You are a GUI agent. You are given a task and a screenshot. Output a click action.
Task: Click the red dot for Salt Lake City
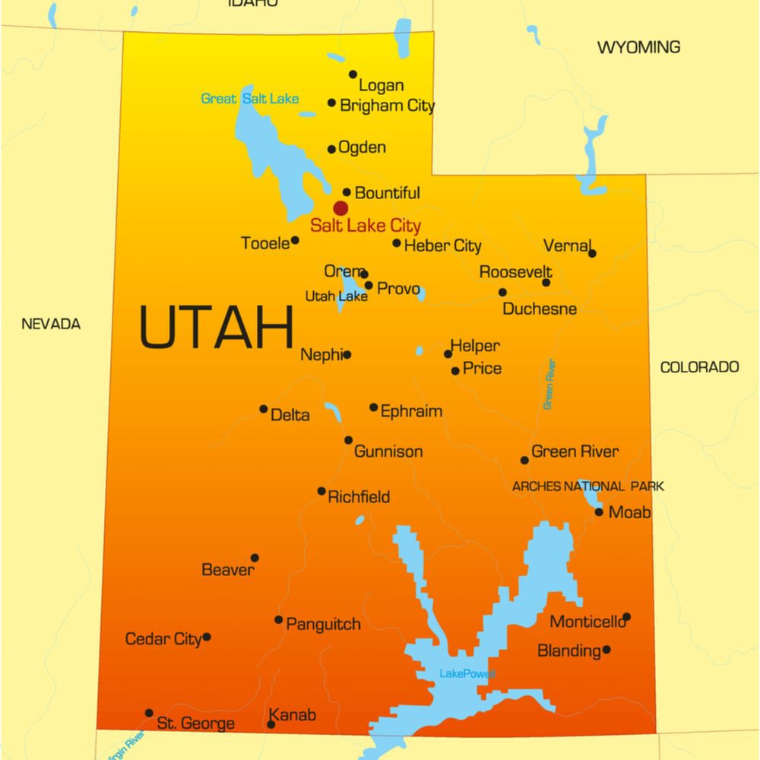click(x=340, y=208)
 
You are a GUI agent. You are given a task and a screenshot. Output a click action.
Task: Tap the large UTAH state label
click(x=217, y=327)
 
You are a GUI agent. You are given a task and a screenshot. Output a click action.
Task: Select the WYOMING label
click(x=638, y=48)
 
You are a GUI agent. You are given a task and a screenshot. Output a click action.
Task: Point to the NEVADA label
click(x=51, y=325)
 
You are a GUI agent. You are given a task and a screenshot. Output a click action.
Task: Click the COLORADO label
click(x=699, y=368)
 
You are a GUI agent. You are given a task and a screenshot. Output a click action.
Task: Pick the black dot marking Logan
click(x=353, y=74)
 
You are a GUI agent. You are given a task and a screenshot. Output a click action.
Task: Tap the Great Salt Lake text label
click(x=249, y=99)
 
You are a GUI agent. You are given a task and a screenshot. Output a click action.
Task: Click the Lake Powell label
click(x=467, y=674)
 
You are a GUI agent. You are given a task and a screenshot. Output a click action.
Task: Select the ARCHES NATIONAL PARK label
click(x=587, y=486)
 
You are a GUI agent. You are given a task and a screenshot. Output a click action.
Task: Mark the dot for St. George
click(x=149, y=713)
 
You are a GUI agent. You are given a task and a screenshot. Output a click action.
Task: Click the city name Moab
click(x=629, y=513)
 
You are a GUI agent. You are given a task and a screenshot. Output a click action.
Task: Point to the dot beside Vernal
click(x=592, y=253)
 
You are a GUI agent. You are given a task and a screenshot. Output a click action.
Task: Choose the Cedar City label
click(x=163, y=639)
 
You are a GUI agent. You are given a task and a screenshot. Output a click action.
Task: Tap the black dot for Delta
click(x=264, y=409)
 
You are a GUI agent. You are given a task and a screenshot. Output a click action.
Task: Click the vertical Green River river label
click(x=549, y=385)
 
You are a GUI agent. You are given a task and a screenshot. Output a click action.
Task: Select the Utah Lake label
click(x=336, y=296)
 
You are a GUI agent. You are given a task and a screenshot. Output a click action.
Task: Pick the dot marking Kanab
click(x=271, y=724)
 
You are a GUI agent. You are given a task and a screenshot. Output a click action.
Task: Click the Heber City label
click(x=442, y=245)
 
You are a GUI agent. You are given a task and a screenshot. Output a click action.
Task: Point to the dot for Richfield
click(x=321, y=491)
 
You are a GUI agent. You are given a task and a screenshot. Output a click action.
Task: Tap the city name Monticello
click(x=587, y=622)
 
